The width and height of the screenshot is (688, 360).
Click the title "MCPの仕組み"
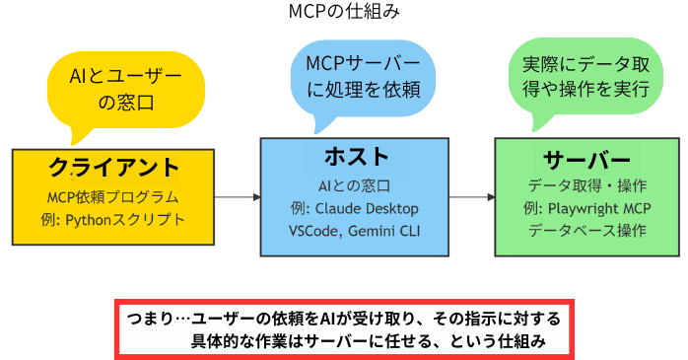(x=345, y=13)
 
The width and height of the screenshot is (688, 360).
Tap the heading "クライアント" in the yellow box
(x=114, y=166)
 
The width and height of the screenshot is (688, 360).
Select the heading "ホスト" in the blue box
(x=356, y=156)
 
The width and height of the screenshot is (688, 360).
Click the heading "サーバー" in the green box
(x=586, y=160)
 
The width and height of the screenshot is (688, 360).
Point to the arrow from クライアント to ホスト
(x=237, y=197)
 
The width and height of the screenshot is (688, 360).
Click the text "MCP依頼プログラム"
(x=113, y=196)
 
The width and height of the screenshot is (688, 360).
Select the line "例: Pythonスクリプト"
(x=114, y=219)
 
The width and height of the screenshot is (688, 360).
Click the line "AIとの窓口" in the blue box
(x=356, y=185)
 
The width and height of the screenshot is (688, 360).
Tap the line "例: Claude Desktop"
(x=356, y=208)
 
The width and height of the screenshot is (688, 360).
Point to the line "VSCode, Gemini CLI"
(x=356, y=231)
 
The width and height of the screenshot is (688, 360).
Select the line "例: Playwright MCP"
(x=586, y=208)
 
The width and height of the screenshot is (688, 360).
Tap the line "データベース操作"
(x=586, y=231)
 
